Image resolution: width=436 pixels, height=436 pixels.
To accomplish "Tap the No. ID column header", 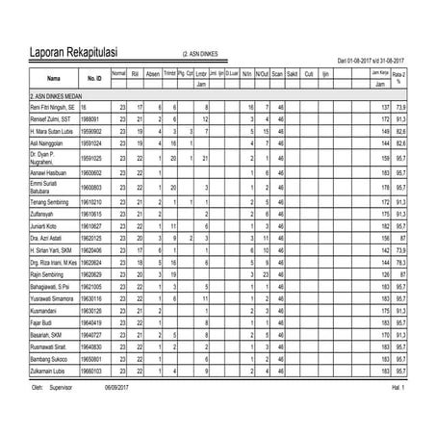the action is click(x=93, y=77).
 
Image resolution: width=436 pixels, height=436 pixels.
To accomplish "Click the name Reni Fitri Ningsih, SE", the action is click(x=54, y=107).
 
